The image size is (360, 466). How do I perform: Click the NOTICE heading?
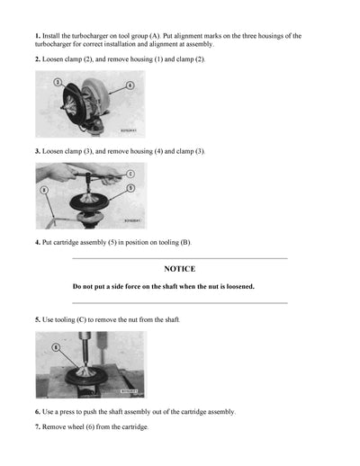point(179,268)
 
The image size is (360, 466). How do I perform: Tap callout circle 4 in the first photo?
point(130,85)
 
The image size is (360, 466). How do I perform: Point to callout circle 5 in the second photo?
point(130,187)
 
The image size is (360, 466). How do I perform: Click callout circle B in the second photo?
point(44,190)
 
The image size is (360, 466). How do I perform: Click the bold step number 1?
point(39,36)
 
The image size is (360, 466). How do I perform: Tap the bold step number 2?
point(39,58)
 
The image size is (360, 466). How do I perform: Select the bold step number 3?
point(39,151)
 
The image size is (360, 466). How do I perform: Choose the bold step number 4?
point(39,242)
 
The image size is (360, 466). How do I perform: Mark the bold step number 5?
point(39,319)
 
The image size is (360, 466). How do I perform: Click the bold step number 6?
point(39,411)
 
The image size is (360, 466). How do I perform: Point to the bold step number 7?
point(39,426)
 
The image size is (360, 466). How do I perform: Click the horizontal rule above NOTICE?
point(179,258)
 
